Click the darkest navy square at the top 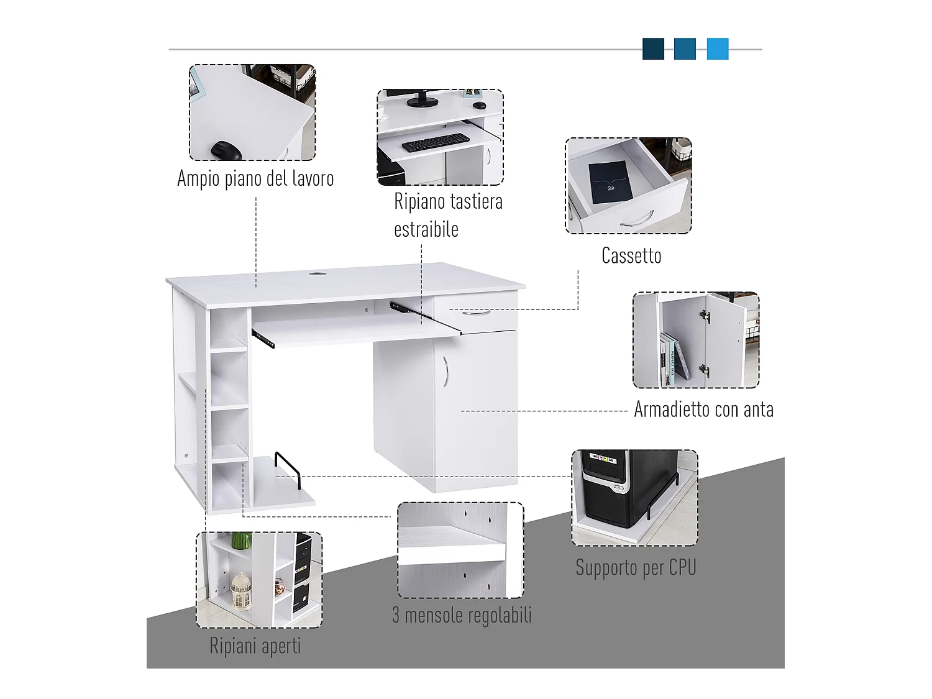click(653, 49)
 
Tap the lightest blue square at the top click(718, 49)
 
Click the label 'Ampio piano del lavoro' click(255, 179)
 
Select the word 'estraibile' click(426, 230)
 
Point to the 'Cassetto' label click(631, 256)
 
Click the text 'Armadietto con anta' click(703, 410)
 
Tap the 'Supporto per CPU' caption click(636, 568)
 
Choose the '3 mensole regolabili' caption click(462, 616)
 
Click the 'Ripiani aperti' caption click(255, 646)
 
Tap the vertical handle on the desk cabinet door click(445, 371)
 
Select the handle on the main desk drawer click(477, 313)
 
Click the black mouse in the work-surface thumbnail click(225, 151)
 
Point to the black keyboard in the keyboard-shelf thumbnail click(435, 143)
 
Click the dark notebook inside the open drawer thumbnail click(611, 182)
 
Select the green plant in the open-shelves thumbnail click(241, 540)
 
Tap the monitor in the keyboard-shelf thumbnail click(423, 98)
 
